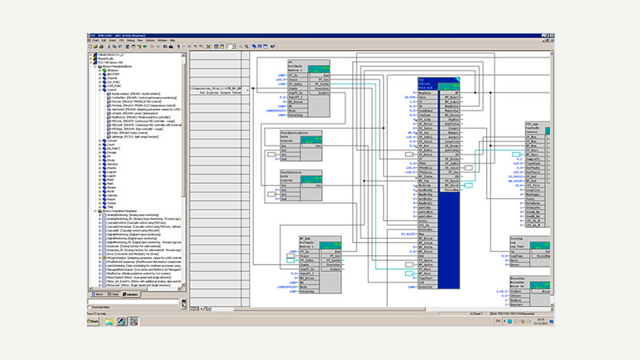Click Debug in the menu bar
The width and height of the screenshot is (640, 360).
pos(130,40)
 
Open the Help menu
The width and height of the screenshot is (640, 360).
pos(172,40)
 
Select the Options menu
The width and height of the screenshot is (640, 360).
pos(150,40)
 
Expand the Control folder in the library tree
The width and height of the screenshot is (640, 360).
pos(100,90)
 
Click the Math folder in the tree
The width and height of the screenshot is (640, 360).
pos(110,184)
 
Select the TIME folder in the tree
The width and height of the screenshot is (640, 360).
pos(110,207)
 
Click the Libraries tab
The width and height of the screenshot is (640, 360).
pos(131,295)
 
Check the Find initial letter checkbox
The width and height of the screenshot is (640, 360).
pos(89,307)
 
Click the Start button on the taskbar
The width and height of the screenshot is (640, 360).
pos(93,321)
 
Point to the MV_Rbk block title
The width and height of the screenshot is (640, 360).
pos(305,238)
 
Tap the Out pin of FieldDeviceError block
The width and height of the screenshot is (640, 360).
pos(319,146)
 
